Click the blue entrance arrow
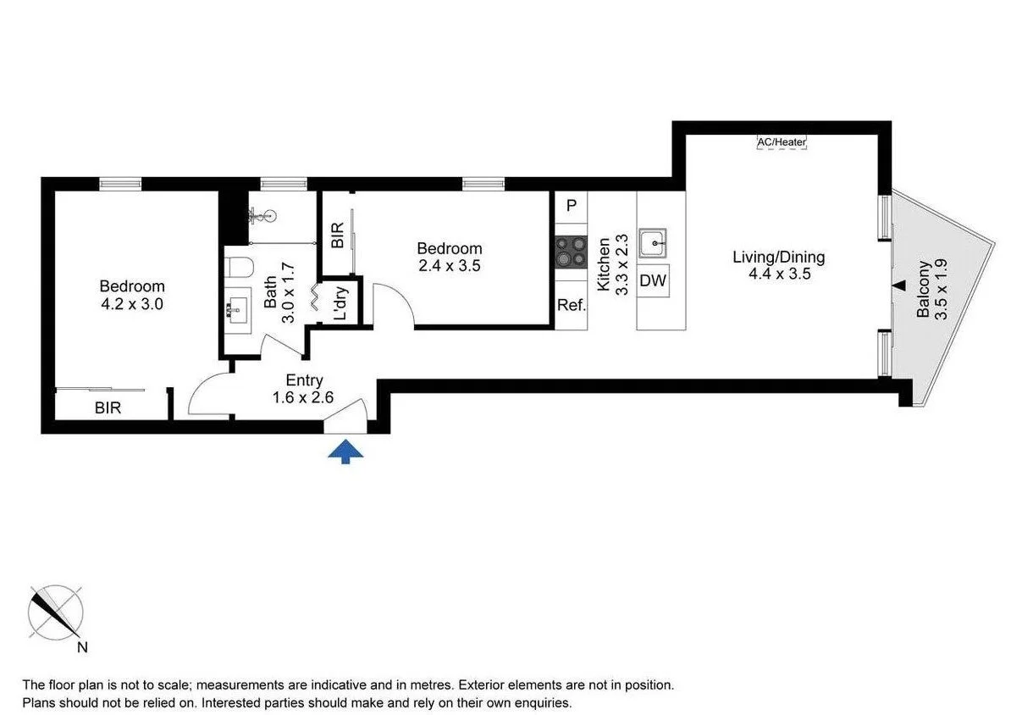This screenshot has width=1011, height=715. click(x=345, y=451)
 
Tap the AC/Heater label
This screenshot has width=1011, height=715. click(x=782, y=142)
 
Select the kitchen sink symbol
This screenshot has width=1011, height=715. click(x=653, y=243)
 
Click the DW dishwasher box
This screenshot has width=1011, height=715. click(x=653, y=280)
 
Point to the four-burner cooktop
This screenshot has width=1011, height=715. click(x=572, y=252)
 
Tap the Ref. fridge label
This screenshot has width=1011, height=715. click(x=572, y=305)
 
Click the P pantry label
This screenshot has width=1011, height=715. click(x=572, y=206)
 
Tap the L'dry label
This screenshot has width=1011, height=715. click(x=340, y=302)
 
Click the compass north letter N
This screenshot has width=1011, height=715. click(x=82, y=646)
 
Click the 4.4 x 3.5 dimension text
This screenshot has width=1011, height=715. click(x=779, y=274)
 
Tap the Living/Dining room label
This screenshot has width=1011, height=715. click(x=779, y=257)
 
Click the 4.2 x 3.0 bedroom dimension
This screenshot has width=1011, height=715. click(x=132, y=303)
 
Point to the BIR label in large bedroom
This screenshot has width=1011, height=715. click(x=108, y=407)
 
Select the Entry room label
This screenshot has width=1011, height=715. click(x=304, y=380)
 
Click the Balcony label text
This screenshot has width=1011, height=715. click(x=923, y=288)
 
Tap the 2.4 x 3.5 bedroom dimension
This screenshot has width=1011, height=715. click(x=450, y=265)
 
